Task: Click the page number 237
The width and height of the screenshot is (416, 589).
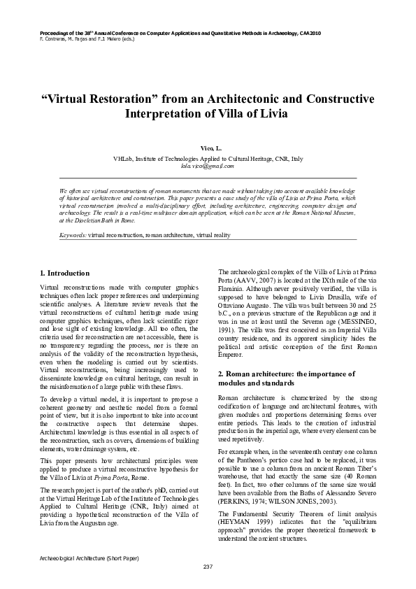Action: (208, 566)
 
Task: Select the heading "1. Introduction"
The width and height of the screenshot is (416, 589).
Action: (64, 273)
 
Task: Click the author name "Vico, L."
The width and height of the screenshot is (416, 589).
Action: (208, 150)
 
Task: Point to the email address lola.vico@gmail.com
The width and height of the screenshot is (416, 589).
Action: (208, 166)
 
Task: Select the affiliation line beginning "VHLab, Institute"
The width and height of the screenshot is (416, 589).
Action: (208, 159)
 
